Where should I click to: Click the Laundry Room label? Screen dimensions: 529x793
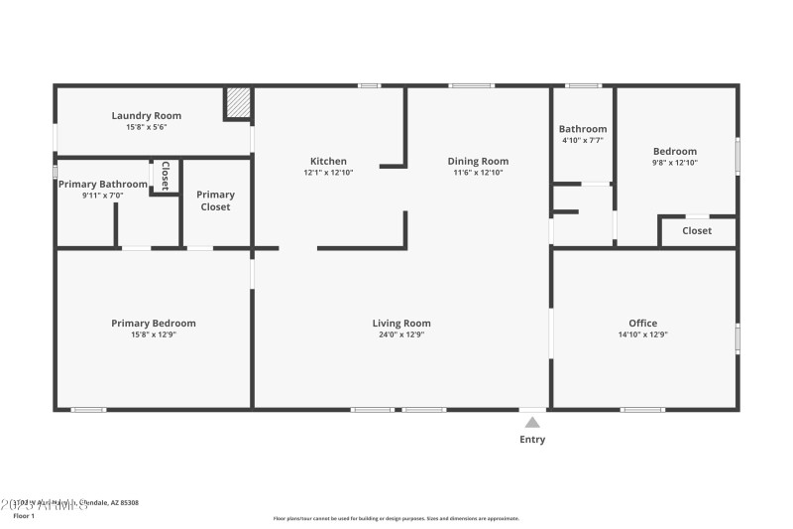pyautogui.click(x=146, y=116)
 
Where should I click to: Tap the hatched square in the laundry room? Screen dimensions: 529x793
pyautogui.click(x=237, y=104)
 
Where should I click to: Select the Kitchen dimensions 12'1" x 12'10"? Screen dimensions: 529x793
pyautogui.click(x=328, y=173)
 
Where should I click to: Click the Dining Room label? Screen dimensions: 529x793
pyautogui.click(x=478, y=161)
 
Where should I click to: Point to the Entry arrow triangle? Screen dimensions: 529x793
pyautogui.click(x=532, y=422)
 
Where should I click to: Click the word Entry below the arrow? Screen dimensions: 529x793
pyautogui.click(x=532, y=440)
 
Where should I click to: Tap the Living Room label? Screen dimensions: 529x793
pyautogui.click(x=401, y=323)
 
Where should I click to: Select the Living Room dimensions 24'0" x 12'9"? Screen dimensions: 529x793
pyautogui.click(x=401, y=334)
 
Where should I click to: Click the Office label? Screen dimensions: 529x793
pyautogui.click(x=643, y=323)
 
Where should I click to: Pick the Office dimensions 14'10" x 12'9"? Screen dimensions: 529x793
pyautogui.click(x=643, y=334)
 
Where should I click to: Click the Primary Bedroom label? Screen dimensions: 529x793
pyautogui.click(x=153, y=323)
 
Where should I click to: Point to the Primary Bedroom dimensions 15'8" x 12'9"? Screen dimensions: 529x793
pyautogui.click(x=153, y=334)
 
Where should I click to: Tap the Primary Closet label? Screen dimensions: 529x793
pyautogui.click(x=215, y=200)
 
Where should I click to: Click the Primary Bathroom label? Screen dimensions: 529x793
pyautogui.click(x=102, y=184)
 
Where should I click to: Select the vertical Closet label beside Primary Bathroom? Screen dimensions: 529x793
pyautogui.click(x=165, y=175)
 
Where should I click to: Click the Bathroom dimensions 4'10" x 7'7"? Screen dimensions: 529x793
pyautogui.click(x=582, y=141)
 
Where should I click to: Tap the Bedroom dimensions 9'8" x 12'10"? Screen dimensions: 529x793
pyautogui.click(x=674, y=162)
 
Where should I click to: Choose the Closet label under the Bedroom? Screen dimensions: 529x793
pyautogui.click(x=697, y=231)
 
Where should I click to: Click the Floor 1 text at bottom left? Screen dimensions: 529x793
pyautogui.click(x=23, y=516)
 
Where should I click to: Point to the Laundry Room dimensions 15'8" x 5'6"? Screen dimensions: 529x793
pyautogui.click(x=146, y=127)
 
